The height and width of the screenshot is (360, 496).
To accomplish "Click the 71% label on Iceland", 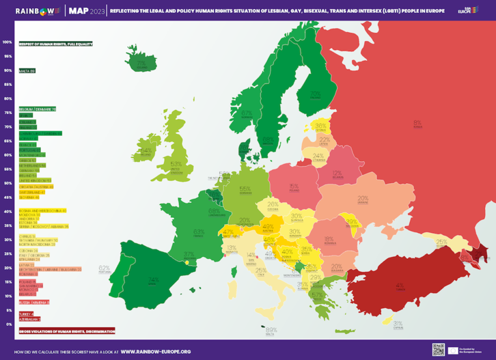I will (142, 64).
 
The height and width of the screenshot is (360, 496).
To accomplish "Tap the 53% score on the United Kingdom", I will (176, 165).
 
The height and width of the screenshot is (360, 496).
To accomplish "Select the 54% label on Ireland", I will (145, 150).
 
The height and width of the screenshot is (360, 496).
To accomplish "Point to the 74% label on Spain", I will (153, 279).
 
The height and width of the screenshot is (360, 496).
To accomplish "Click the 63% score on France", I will (199, 232).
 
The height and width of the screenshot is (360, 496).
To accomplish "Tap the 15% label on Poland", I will (294, 186).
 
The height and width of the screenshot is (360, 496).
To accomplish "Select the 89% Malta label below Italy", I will (271, 330).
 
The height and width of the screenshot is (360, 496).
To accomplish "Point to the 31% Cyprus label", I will (398, 323).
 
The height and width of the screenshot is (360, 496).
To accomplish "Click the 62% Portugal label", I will (105, 268).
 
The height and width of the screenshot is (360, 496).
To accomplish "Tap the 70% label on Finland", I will (315, 94).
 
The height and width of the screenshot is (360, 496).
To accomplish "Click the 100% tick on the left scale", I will (8, 42).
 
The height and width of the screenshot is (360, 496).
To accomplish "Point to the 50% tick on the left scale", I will (8, 183).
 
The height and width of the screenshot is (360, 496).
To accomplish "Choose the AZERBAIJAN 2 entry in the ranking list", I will (30, 318).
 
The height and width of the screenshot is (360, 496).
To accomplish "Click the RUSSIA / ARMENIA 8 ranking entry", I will (34, 301).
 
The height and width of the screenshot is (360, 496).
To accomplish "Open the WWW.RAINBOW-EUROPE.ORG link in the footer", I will (156, 351).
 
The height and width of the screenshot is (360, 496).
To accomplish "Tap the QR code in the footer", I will (439, 350).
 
